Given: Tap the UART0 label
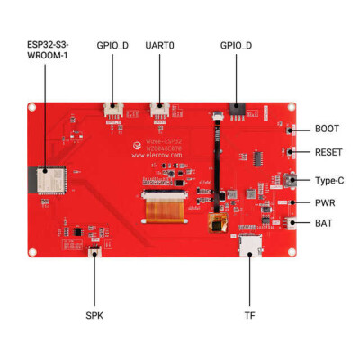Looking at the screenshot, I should pyautogui.click(x=160, y=44).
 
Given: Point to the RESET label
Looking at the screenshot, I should pyautogui.click(x=328, y=153).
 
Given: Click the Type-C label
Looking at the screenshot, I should pyautogui.click(x=329, y=179).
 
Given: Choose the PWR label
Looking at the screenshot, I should pyautogui.click(x=325, y=203).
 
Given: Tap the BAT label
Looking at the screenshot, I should pyautogui.click(x=324, y=223).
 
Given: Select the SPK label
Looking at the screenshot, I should pyautogui.click(x=95, y=316).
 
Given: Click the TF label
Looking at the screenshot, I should pyautogui.click(x=249, y=316).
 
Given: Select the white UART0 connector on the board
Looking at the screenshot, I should pyautogui.click(x=159, y=112).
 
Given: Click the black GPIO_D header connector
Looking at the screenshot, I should pyautogui.click(x=237, y=110).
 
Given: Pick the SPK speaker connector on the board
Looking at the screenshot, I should pyautogui.click(x=95, y=255).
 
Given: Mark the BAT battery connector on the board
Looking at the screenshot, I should pyautogui.click(x=295, y=222).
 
